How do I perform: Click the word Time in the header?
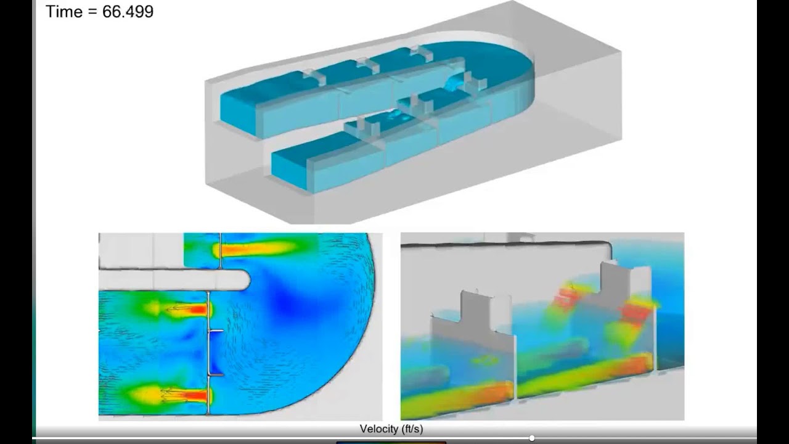point(63,11)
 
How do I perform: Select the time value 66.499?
point(128,11)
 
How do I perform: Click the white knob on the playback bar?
point(531,438)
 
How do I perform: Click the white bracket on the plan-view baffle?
point(216,333)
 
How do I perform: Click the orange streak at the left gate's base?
point(487,392)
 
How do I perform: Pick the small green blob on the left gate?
point(485,359)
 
